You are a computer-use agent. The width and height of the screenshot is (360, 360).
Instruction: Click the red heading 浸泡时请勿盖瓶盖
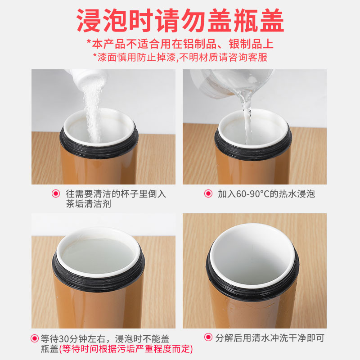[x=180, y=21]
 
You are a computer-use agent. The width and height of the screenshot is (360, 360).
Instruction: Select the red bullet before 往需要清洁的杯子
[x=56, y=194]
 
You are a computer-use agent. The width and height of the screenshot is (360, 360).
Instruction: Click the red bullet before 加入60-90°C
[x=208, y=194]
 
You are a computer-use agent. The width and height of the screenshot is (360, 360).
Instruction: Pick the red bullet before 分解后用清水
[x=208, y=337]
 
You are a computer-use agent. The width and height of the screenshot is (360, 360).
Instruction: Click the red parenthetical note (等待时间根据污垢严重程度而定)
[x=126, y=349]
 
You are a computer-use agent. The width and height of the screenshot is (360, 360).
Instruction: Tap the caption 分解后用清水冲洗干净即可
[x=270, y=337]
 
